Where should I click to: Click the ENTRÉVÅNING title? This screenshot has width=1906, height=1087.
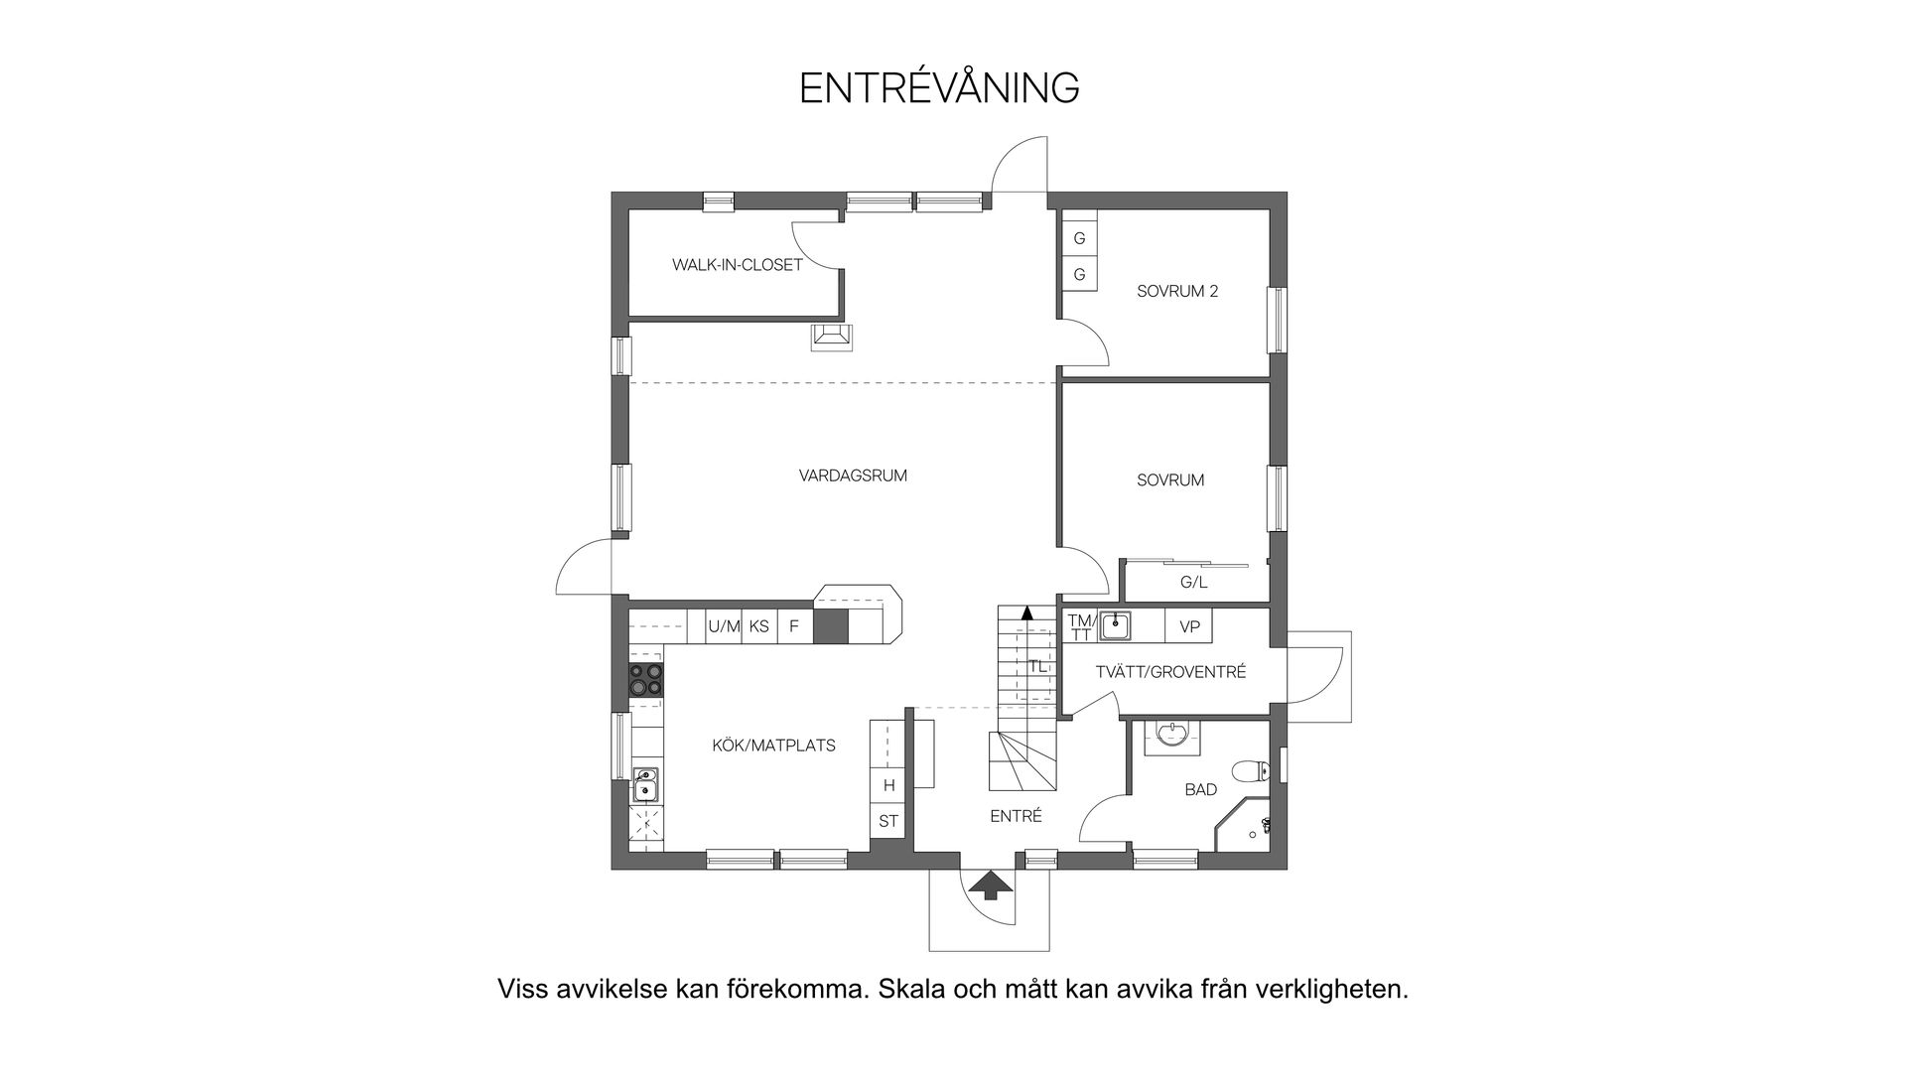coord(939,88)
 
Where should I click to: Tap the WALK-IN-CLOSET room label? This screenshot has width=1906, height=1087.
coord(737,265)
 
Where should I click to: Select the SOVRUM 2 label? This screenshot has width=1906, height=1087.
coord(1177,292)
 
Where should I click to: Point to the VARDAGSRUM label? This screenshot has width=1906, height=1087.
coord(853,476)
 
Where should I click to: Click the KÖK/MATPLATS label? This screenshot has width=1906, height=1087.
coord(773,746)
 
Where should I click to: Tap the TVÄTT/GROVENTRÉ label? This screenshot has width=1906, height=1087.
coord(1170,672)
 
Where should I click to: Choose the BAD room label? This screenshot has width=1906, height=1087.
coord(1200,790)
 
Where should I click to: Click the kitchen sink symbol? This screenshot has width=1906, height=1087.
coord(645,784)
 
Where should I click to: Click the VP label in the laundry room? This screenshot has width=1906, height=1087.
coord(1189,627)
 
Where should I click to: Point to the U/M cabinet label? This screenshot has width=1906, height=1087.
coord(724,626)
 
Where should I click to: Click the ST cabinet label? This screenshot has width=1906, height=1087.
coord(888,821)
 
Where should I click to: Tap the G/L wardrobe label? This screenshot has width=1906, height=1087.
coord(1193,583)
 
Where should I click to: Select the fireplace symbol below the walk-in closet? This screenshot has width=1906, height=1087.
coord(831,338)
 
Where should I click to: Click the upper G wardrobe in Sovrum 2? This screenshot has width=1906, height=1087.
coord(1079,238)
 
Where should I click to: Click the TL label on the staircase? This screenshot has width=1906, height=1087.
coord(1037,666)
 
